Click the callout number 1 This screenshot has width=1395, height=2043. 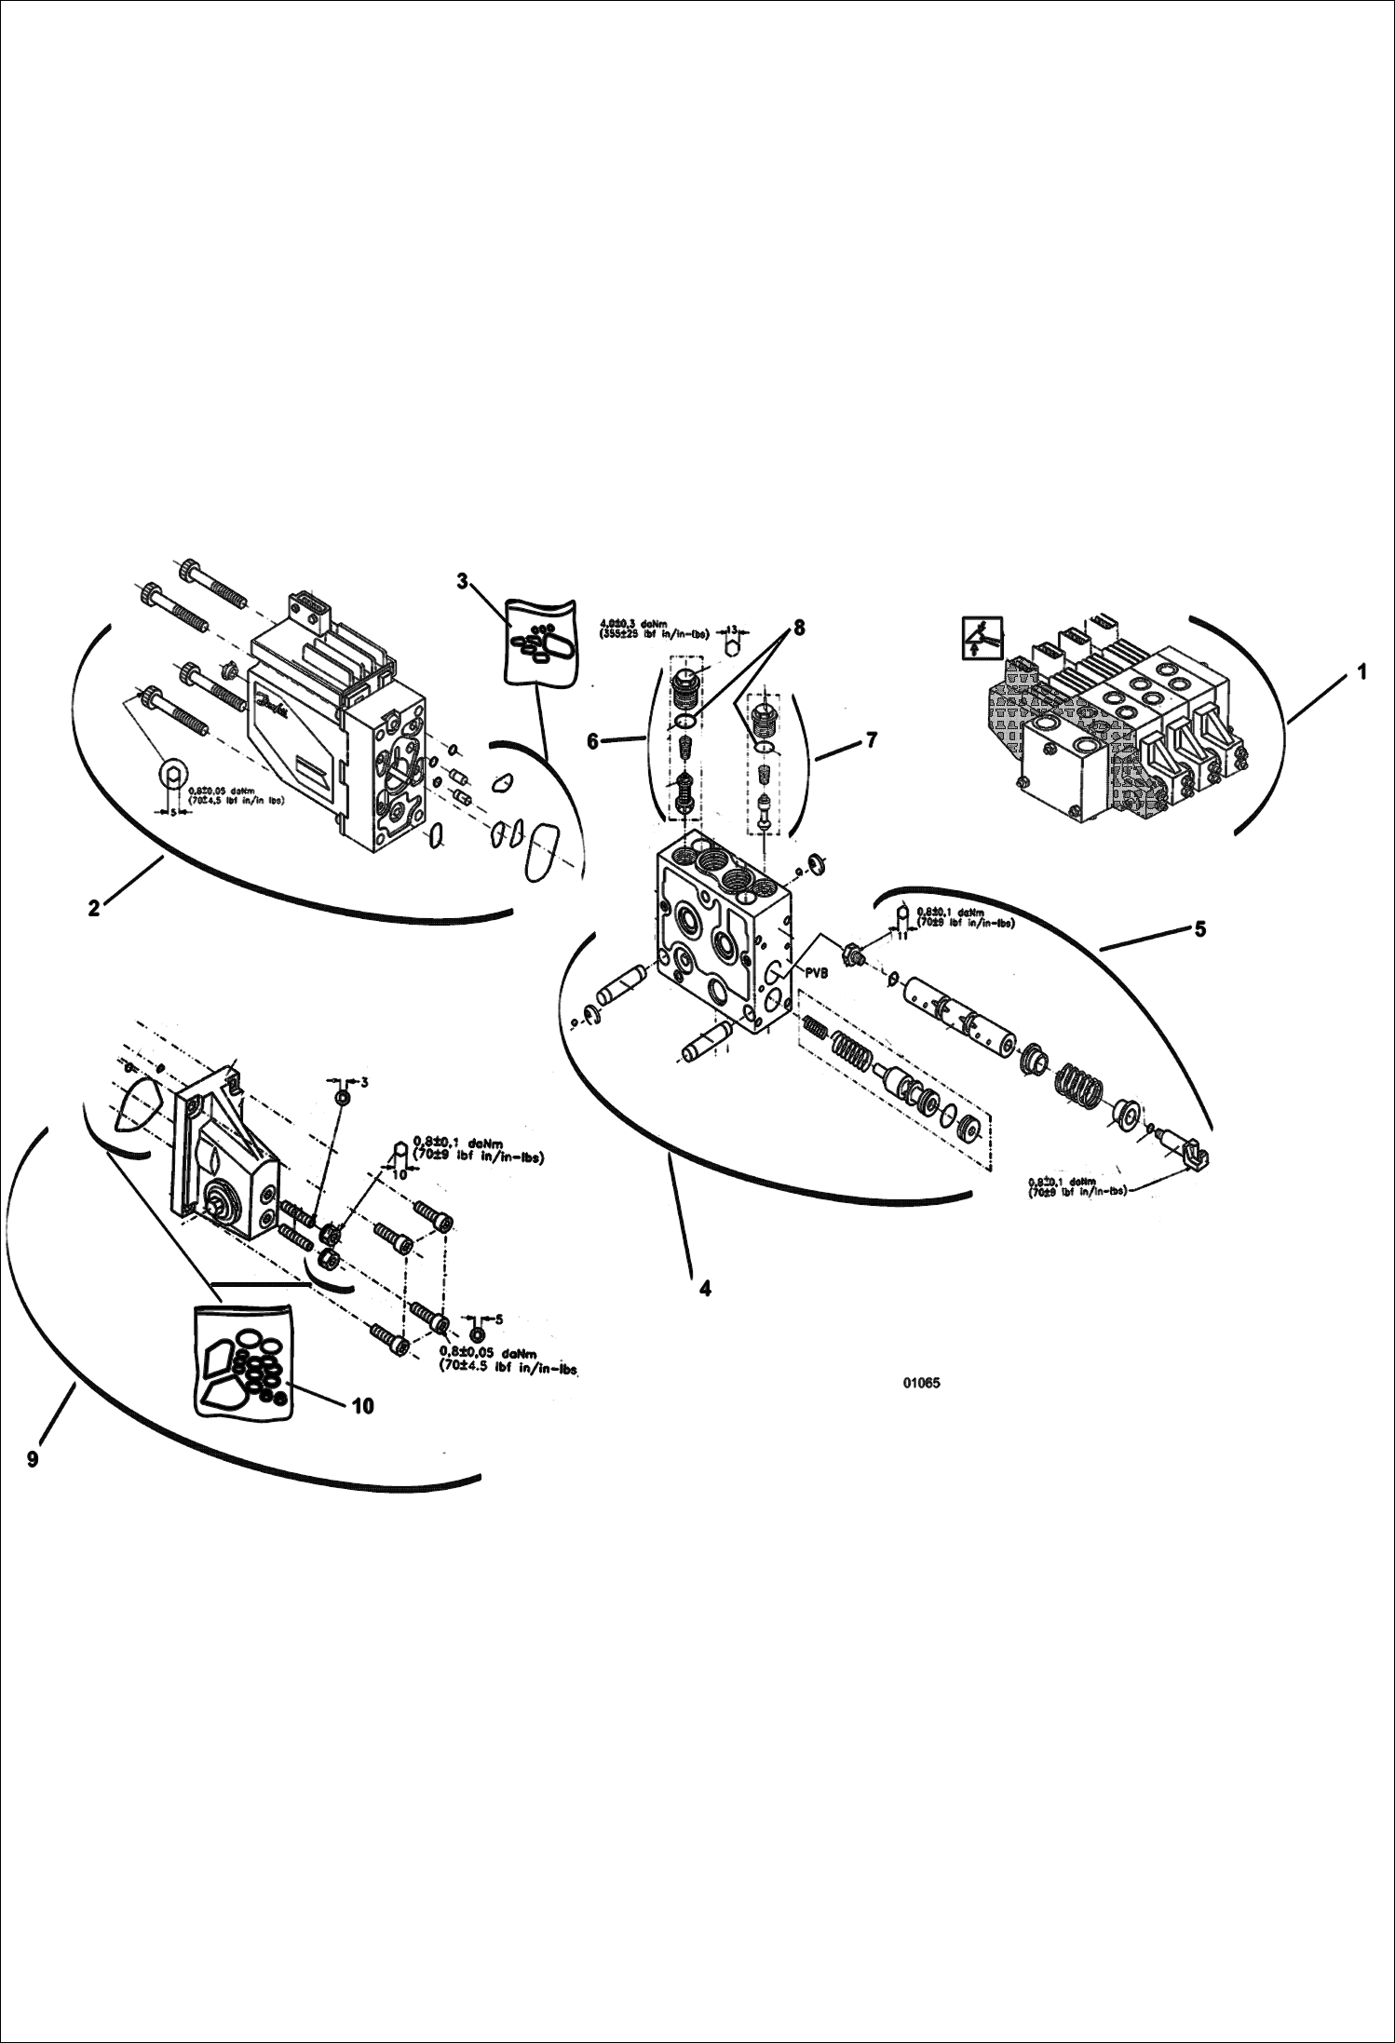point(1361,671)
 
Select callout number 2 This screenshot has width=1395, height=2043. point(94,908)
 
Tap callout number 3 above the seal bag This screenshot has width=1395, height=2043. point(463,581)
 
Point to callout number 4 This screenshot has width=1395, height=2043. point(705,1289)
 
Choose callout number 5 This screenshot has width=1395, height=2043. point(1199,928)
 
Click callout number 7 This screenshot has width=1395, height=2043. point(871,740)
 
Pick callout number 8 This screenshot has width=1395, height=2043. point(799,629)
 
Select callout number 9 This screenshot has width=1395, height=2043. point(33,1459)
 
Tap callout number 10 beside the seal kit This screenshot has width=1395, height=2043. point(362,1406)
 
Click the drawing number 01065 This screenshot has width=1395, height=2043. point(921,1383)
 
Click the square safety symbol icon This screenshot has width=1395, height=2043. point(982,638)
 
